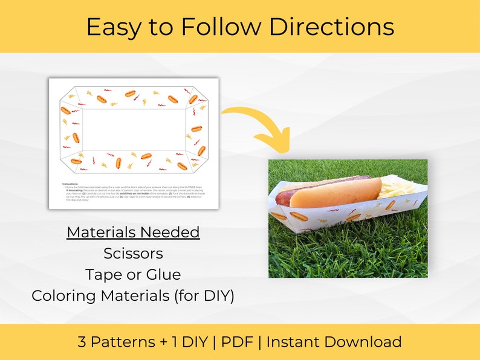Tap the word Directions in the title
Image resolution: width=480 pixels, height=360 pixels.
[x=331, y=27]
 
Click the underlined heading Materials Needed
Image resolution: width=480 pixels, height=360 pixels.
[x=133, y=232]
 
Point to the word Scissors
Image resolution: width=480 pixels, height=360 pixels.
[x=133, y=253]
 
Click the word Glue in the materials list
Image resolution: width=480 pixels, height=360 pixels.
[x=164, y=274]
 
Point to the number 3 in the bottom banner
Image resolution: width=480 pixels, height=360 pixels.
[x=82, y=342]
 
